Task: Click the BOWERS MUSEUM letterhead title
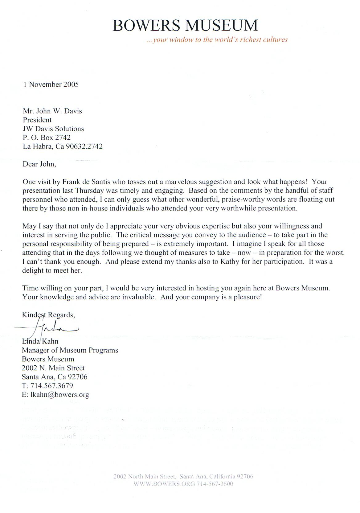click(x=185, y=25)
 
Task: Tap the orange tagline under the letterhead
click(x=217, y=40)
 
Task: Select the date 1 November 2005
click(x=51, y=84)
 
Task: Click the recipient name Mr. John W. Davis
click(x=52, y=111)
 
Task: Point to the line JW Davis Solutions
click(x=53, y=129)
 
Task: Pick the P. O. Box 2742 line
click(x=47, y=137)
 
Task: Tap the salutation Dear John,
click(x=39, y=164)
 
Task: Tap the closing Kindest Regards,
click(x=48, y=315)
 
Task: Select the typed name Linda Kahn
click(x=40, y=341)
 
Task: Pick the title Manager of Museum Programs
click(x=70, y=350)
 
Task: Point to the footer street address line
click(x=183, y=476)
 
